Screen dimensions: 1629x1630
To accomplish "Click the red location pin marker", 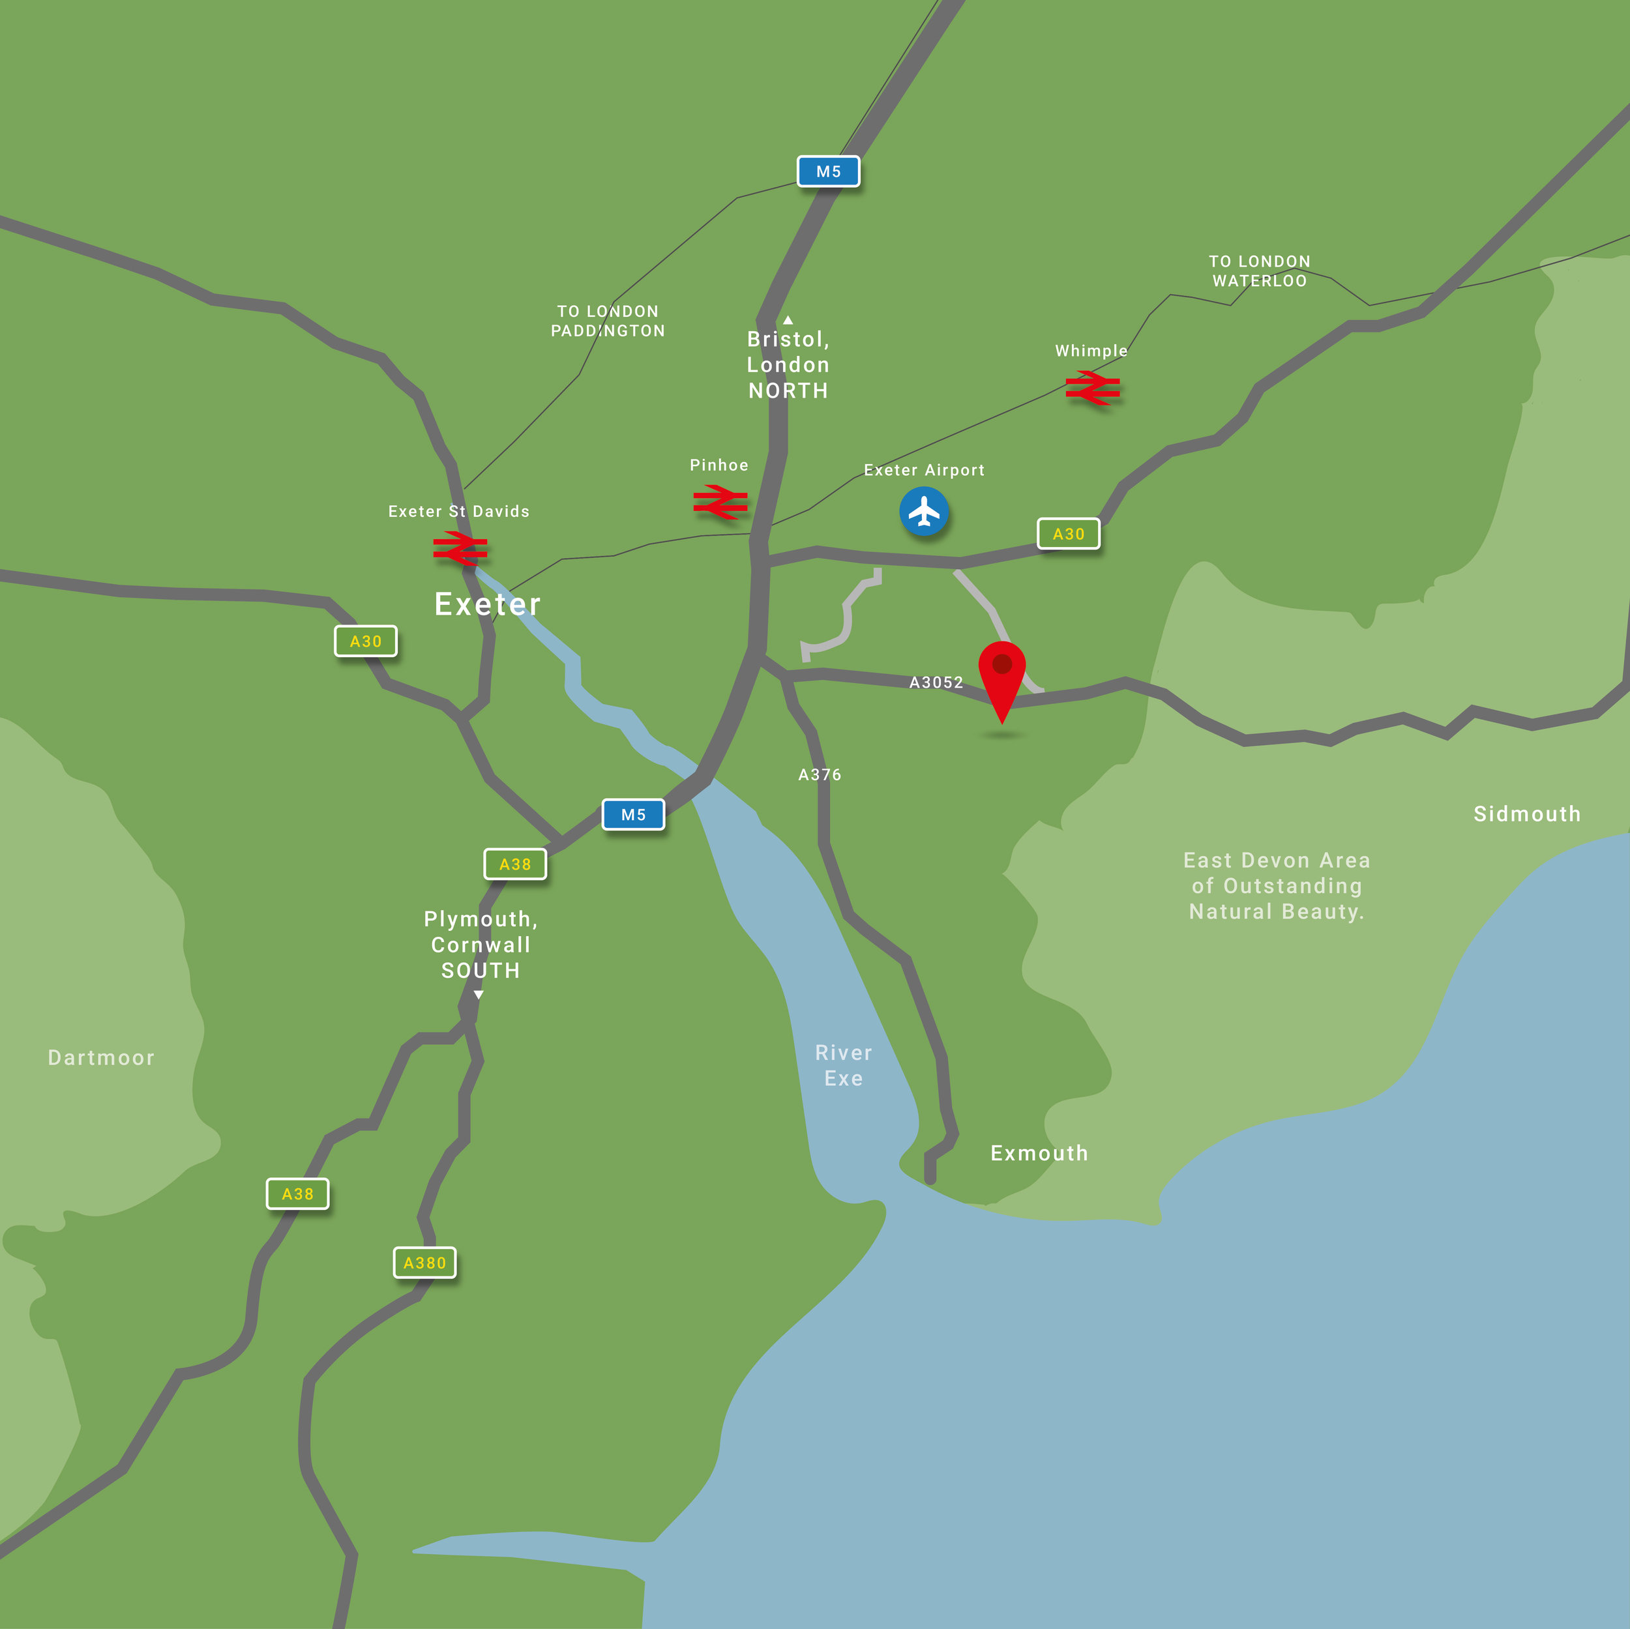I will (1001, 674).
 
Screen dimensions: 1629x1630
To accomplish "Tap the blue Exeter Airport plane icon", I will (924, 511).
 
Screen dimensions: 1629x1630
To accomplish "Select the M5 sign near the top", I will (829, 171).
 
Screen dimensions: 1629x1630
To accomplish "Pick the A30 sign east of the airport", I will (1068, 533).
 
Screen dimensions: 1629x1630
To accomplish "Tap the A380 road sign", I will (424, 1263).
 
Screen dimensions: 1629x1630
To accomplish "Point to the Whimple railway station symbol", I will (1093, 388).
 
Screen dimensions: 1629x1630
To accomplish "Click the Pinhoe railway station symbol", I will (720, 502).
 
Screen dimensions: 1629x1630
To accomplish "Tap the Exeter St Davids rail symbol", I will (460, 548).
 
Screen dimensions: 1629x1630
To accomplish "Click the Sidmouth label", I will (1526, 814).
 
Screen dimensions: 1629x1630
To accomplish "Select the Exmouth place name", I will (1039, 1153).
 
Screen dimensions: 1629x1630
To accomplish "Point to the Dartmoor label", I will (101, 1058).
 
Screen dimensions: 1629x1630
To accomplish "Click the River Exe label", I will (844, 1066).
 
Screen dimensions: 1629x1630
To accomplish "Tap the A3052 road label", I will (936, 682).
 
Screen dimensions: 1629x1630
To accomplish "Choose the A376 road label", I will (819, 774).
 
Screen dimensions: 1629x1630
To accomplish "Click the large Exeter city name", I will (487, 604).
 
